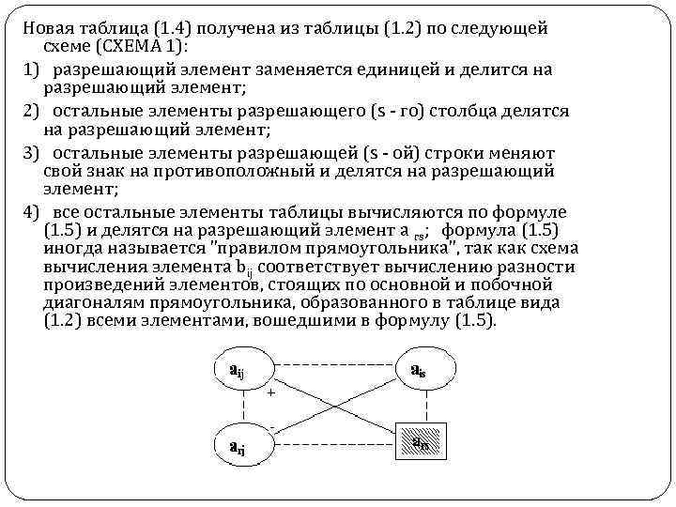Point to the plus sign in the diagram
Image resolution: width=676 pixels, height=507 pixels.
tap(271, 393)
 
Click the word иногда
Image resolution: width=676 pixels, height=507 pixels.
tap(73, 248)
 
